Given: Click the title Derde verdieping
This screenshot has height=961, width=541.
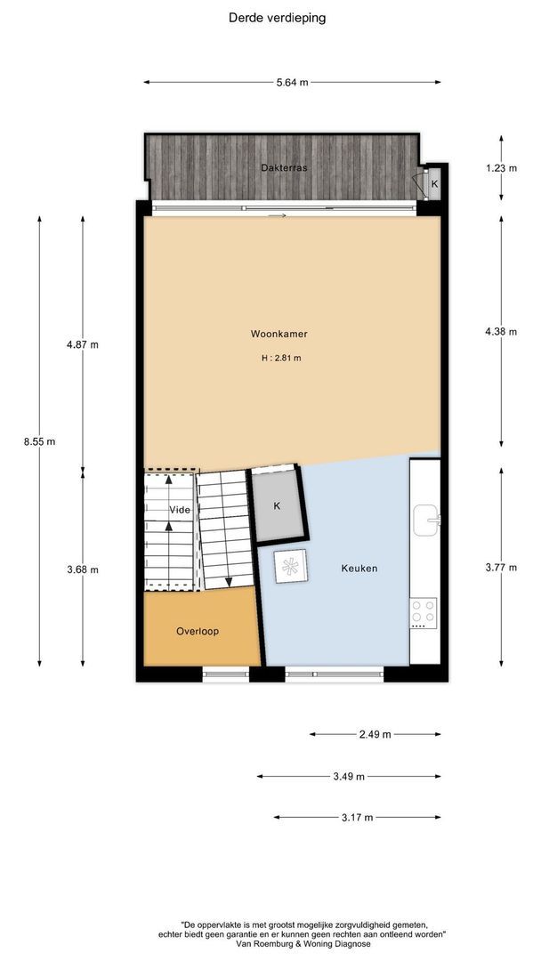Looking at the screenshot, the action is tap(277, 18).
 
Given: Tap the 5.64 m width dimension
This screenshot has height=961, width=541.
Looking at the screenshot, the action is tap(292, 83).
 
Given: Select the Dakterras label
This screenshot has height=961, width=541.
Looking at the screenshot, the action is tap(284, 167).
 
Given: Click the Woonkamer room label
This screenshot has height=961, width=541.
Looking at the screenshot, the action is tap(279, 334).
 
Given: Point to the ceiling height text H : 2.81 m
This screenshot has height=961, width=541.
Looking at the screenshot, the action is tap(281, 359).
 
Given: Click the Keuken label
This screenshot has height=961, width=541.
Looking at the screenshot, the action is tap(359, 568).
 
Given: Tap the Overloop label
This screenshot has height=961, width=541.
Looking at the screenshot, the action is tap(198, 631).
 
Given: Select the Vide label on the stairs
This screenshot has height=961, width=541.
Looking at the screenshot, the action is tap(180, 510).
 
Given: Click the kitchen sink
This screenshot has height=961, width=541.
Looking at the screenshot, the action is tap(426, 520).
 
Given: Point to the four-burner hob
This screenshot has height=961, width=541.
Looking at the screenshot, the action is tap(424, 613).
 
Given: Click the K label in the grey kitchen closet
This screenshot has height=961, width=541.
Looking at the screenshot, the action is tap(277, 506).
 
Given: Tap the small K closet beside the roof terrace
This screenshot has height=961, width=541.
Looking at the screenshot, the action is tap(434, 183).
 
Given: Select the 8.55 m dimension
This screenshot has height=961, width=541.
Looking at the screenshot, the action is tap(40, 441).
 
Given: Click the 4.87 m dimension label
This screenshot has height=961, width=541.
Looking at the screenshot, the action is tap(83, 344).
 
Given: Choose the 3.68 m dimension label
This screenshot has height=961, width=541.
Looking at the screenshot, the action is tap(83, 569).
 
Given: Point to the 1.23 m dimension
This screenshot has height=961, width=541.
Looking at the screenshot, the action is tap(501, 168).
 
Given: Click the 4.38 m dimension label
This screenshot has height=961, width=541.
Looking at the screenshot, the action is tap(501, 332).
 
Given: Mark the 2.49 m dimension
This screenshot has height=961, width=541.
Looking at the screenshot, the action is tap(375, 734).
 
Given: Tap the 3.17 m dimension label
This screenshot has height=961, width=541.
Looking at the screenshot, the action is tap(357, 817).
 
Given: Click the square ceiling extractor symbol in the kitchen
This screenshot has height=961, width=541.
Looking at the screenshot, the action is tap(290, 566).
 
